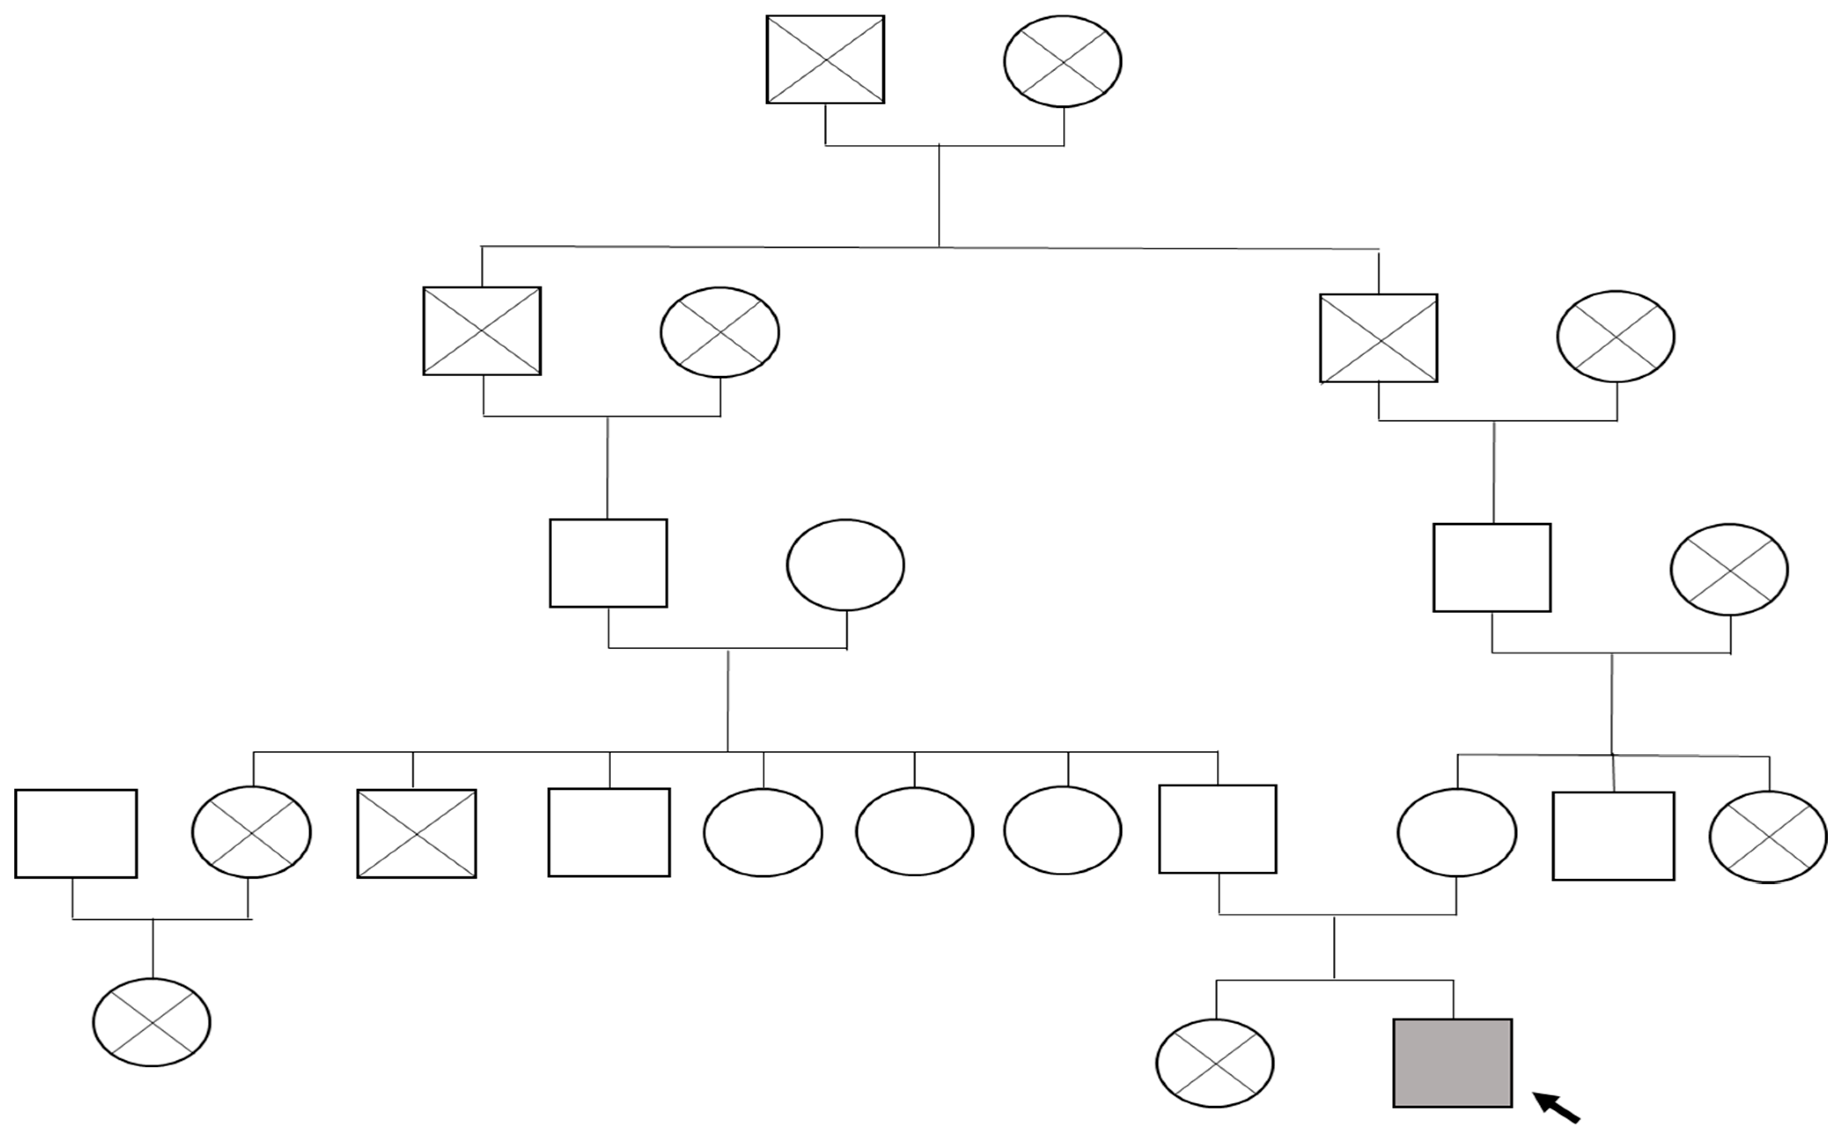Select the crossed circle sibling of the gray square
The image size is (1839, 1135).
[x=1215, y=1062]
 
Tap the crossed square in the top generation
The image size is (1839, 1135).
[x=825, y=59]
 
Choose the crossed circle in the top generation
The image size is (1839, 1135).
[x=1062, y=61]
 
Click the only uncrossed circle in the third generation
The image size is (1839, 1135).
[x=845, y=565]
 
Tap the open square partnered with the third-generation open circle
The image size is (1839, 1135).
[x=608, y=563]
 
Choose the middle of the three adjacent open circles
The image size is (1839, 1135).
[x=914, y=832]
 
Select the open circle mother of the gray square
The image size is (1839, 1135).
[x=1456, y=833]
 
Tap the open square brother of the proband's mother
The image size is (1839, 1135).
[x=1613, y=835]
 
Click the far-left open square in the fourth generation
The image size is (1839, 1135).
[x=76, y=833]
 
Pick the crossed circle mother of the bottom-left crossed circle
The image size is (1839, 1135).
[x=251, y=832]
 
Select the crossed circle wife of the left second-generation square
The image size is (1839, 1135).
[x=719, y=332]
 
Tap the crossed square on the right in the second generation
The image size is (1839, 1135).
[x=1378, y=338]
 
